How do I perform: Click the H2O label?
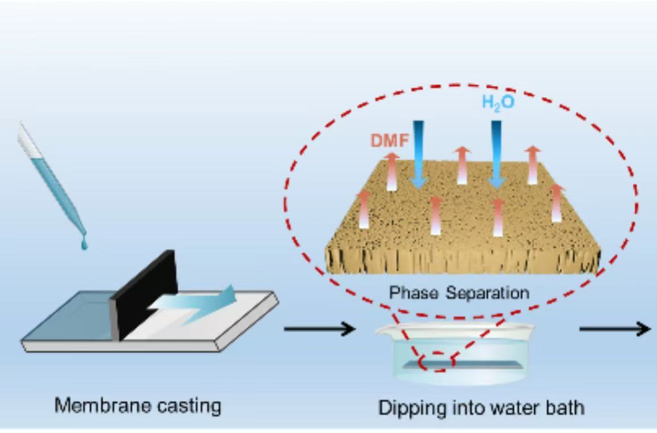click(x=498, y=103)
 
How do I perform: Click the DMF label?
click(x=390, y=140)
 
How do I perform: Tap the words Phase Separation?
click(x=459, y=293)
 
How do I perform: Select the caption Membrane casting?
click(x=137, y=406)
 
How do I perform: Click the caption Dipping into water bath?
click(x=481, y=408)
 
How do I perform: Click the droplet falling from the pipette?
click(x=85, y=244)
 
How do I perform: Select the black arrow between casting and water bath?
click(x=320, y=328)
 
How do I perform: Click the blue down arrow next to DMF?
click(x=419, y=153)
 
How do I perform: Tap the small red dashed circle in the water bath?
click(x=437, y=361)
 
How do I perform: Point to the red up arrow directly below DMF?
click(x=392, y=170)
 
